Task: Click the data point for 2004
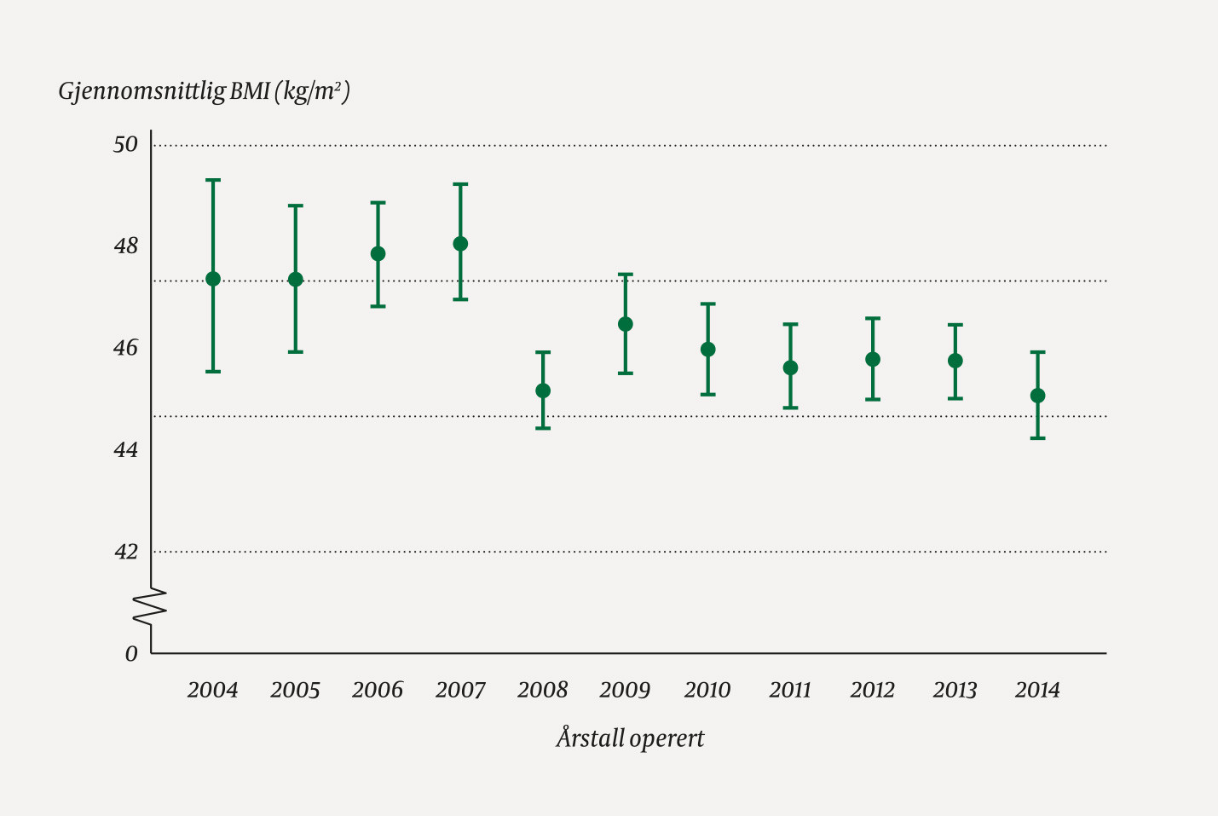point(213,279)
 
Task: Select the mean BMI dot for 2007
point(460,244)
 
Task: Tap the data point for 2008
point(543,391)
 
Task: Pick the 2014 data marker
point(1037,396)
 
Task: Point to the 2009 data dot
point(625,324)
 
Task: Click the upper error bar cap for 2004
point(213,180)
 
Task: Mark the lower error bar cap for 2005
point(295,352)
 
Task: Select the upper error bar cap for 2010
point(707,304)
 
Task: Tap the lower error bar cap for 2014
point(1037,438)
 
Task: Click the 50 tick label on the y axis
point(125,145)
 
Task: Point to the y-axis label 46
point(125,348)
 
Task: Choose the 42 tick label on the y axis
point(125,552)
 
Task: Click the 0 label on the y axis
point(131,654)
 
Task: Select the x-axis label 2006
point(378,690)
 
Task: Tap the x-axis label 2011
point(790,690)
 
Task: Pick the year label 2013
point(955,690)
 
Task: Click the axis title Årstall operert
point(630,738)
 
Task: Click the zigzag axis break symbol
point(150,607)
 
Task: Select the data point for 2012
point(873,360)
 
